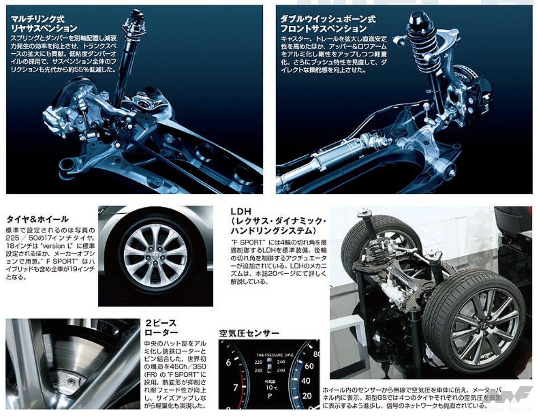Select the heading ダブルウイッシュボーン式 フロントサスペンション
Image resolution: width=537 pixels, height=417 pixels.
[x=328, y=23]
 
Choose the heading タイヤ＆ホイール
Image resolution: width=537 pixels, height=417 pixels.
[x=37, y=219]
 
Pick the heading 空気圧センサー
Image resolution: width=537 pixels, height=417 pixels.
[x=249, y=333]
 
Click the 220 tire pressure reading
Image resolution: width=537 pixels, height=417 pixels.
[x=258, y=362]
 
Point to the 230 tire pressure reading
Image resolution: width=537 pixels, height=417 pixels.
[x=258, y=370]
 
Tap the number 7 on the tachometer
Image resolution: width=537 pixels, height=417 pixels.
[x=236, y=388]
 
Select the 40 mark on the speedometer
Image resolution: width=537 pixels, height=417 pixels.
[x=306, y=381]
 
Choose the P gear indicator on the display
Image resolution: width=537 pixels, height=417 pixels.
[x=270, y=396]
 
